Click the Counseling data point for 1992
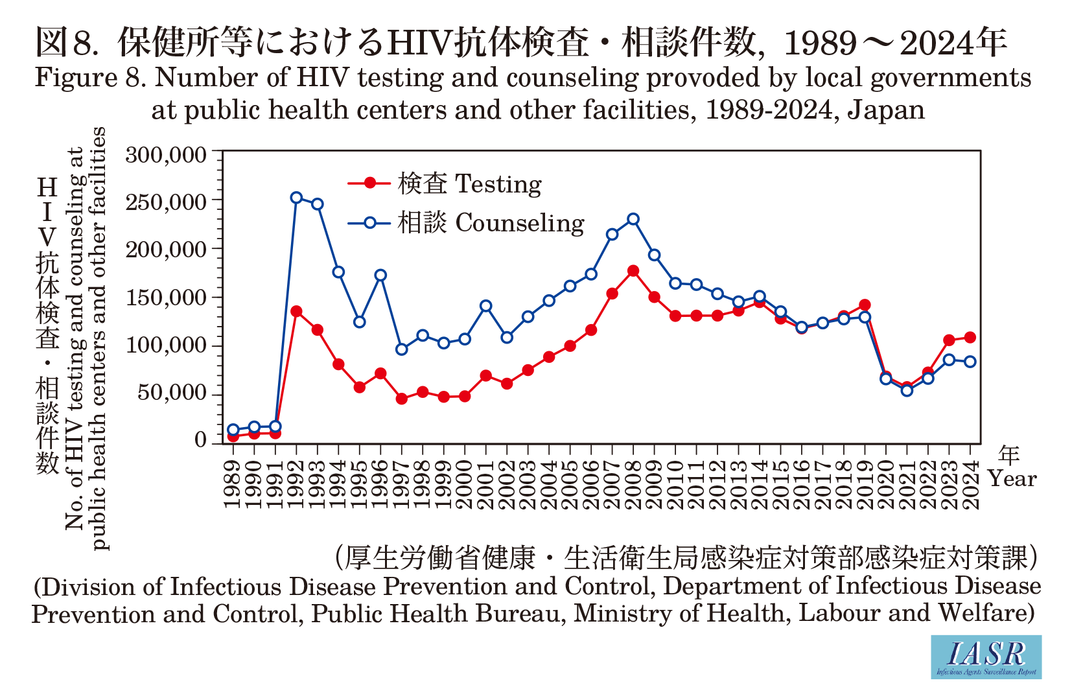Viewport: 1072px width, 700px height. coord(296,198)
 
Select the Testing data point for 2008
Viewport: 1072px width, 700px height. coord(633,271)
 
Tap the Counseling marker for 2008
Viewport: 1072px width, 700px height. coord(633,219)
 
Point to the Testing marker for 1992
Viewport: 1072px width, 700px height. coord(296,311)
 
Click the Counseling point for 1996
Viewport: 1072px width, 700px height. coord(380,275)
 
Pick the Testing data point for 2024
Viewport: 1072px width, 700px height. coord(970,337)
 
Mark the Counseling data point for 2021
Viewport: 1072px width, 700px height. coord(907,390)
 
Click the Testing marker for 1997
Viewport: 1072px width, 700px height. coord(402,399)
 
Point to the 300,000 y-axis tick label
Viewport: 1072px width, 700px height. coord(166,156)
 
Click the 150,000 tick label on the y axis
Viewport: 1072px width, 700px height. coord(166,298)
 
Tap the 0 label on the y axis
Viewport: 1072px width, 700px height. coord(200,440)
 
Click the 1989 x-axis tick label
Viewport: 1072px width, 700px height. coord(233,485)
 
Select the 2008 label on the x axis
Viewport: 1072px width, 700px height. coord(633,485)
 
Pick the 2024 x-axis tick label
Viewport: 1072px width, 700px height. coord(970,485)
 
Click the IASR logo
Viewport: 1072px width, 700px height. coord(986,657)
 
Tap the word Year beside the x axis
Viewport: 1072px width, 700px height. coord(1012,479)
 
